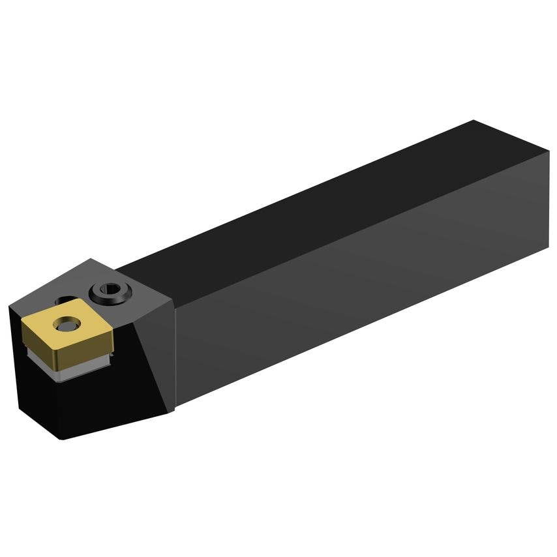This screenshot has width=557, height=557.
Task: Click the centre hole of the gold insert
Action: click(65, 322)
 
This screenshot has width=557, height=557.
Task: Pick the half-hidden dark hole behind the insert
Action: click(64, 301)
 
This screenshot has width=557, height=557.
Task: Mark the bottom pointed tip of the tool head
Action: click(63, 438)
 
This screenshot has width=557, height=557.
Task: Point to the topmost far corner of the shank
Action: click(474, 121)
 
